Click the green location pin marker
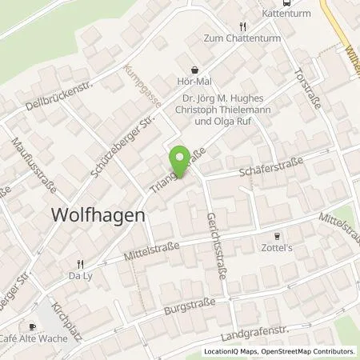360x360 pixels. click(x=181, y=158)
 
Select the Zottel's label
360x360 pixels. click(x=278, y=248)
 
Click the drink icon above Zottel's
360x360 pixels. click(x=278, y=236)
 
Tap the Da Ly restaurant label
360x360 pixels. click(x=81, y=276)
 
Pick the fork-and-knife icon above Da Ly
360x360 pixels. click(x=80, y=263)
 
